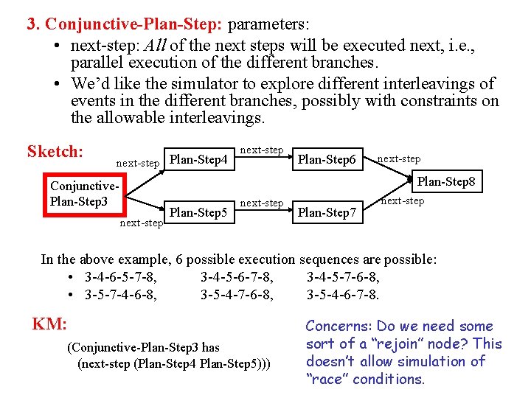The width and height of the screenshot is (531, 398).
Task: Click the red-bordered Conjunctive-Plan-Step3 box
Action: coord(83,194)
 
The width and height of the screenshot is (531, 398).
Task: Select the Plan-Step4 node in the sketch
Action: coord(198,158)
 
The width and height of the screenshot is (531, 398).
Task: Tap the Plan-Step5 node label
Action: coord(198,212)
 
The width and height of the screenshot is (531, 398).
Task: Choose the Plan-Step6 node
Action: coord(327,160)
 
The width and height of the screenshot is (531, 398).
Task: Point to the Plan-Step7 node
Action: coord(327,213)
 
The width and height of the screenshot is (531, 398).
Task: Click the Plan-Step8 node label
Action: coord(446,181)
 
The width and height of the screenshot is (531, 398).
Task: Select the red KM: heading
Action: coord(49,323)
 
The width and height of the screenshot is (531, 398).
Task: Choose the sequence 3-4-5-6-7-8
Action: coord(237,277)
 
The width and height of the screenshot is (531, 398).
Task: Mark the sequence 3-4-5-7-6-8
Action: coord(343,277)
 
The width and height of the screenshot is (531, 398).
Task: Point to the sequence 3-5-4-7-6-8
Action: coord(237,295)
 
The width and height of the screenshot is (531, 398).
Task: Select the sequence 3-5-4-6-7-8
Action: coord(343,295)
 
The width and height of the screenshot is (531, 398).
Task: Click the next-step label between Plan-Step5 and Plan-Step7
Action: coord(262,203)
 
